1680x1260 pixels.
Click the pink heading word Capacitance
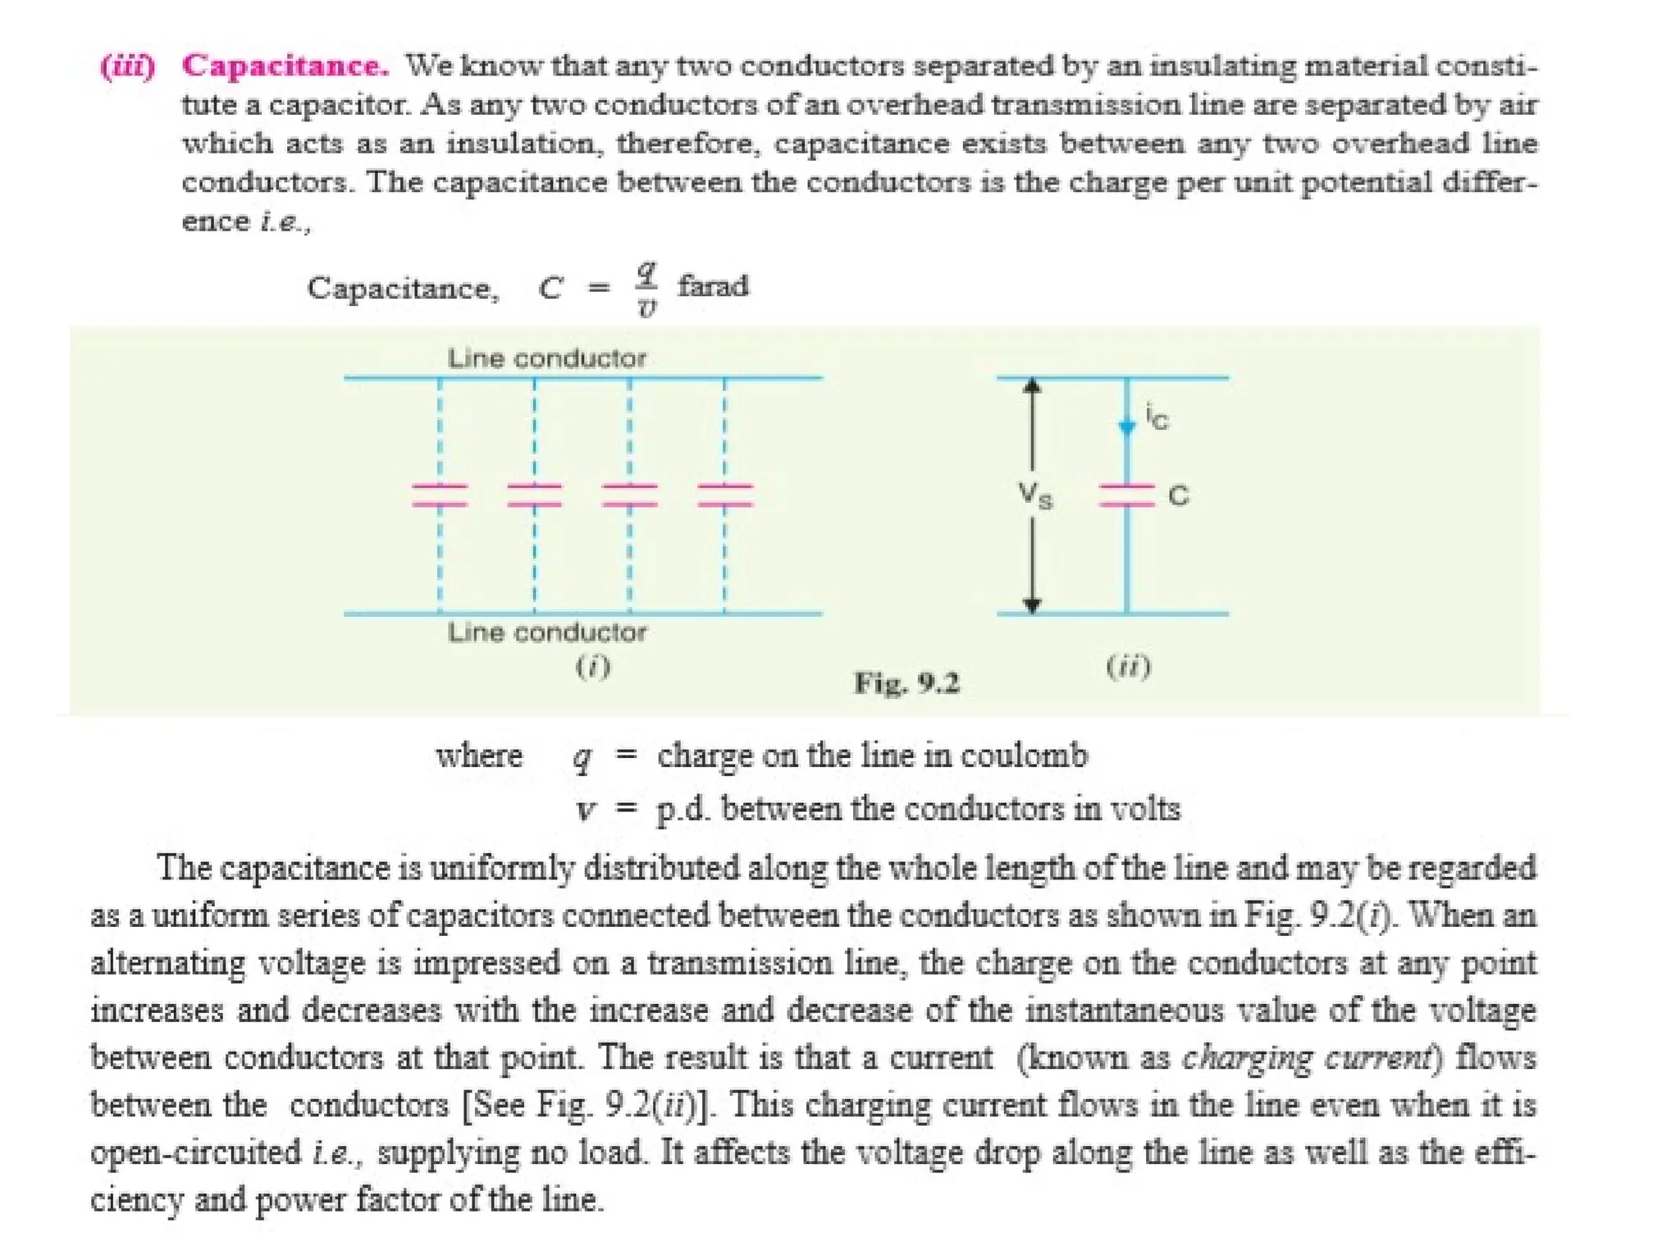(285, 66)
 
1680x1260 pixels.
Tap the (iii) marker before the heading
(127, 66)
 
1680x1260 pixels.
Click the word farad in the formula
(713, 286)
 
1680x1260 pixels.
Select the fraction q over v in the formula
(646, 288)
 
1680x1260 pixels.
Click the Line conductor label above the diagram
(546, 358)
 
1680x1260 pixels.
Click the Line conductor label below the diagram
(546, 632)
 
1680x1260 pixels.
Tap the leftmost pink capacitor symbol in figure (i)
(440, 495)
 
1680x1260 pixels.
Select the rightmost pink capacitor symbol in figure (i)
(724, 495)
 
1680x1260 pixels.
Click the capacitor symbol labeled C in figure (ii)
(1126, 495)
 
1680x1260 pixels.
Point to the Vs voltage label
(1035, 495)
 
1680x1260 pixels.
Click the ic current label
(1157, 418)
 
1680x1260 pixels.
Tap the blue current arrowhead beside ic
(1127, 427)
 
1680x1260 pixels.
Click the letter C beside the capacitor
(1178, 495)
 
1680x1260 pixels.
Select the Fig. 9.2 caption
(906, 682)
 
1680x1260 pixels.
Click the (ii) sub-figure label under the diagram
(1129, 666)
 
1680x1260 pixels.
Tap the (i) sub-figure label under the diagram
(592, 666)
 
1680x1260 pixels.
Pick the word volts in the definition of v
(1145, 809)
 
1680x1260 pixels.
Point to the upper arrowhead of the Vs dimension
(1033, 386)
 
